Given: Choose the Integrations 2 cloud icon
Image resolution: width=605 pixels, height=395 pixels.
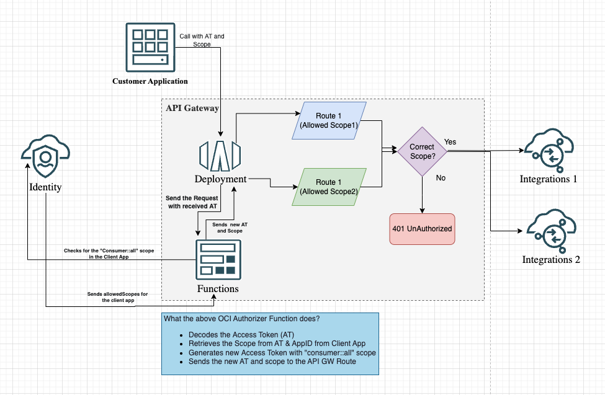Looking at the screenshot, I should pyautogui.click(x=549, y=231).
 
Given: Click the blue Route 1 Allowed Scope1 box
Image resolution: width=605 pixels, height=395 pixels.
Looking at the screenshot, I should pyautogui.click(x=328, y=120).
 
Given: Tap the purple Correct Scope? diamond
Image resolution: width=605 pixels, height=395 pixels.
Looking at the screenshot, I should pyautogui.click(x=422, y=151).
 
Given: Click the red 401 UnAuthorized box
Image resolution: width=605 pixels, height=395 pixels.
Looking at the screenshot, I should pyautogui.click(x=422, y=229).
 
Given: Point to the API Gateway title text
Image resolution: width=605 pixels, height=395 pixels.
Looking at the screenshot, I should pyautogui.click(x=192, y=108).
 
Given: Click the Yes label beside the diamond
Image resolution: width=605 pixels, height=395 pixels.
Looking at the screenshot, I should pyautogui.click(x=450, y=142).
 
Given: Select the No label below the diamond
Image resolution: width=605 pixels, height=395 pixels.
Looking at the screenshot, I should pyautogui.click(x=441, y=178).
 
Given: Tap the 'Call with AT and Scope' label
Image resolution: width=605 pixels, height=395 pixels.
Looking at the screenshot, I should pyautogui.click(x=202, y=40).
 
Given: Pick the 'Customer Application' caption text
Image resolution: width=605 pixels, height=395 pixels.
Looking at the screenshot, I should pyautogui.click(x=150, y=81).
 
